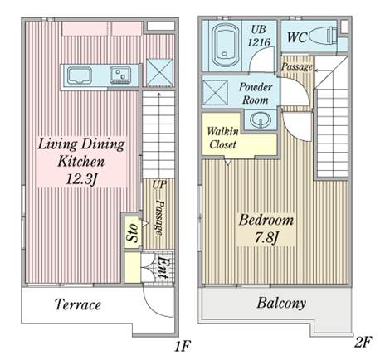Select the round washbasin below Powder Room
pos(261,119)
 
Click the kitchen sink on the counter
pos(80,75)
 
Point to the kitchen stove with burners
pos(120,75)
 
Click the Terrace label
pos(78,304)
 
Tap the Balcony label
pos(281,304)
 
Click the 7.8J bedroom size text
pos(266,238)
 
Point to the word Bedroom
pos(266,221)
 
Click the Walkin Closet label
pos(222,138)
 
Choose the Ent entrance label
pos(163,268)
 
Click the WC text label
pos(297,37)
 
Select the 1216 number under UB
pos(259,42)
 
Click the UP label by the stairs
pos(159,185)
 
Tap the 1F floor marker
pos(183,346)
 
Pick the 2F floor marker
pos(363,343)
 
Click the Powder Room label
pos(256,93)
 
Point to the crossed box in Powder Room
pos(216,93)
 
